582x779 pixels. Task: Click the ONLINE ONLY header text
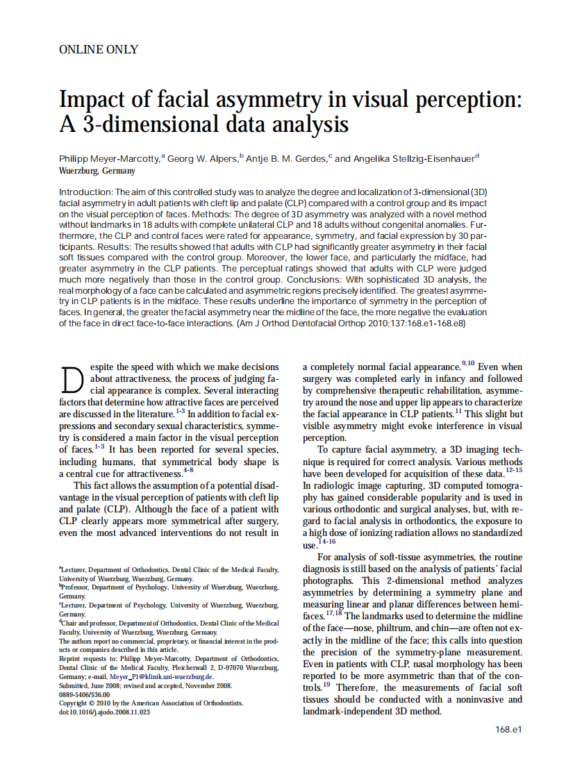(99, 49)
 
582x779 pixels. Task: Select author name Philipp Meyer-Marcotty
(110, 159)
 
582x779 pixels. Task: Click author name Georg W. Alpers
(202, 159)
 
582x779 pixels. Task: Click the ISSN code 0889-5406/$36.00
(85, 694)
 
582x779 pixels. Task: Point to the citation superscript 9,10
(468, 363)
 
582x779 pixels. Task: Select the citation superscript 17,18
(333, 613)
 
